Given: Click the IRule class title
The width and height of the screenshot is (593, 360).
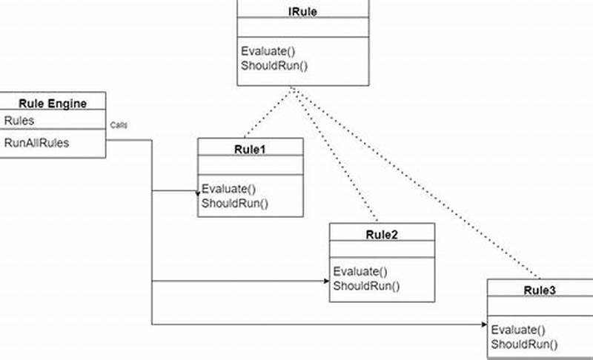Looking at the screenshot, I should (x=302, y=12).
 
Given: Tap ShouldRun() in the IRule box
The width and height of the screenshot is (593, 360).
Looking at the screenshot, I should (x=274, y=65).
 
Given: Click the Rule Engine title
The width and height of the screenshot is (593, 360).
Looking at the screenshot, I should (x=53, y=104).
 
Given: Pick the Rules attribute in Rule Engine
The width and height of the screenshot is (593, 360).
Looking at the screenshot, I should (x=19, y=120).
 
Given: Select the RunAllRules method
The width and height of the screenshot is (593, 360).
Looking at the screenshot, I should (x=36, y=142).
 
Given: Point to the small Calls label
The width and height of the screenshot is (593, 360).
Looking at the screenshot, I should (x=119, y=125).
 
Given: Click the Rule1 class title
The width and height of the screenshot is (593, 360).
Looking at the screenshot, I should (x=250, y=149).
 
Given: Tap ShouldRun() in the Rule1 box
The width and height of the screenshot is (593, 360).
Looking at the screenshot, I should (x=234, y=203).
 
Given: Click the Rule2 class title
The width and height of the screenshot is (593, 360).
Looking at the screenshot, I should (x=382, y=235).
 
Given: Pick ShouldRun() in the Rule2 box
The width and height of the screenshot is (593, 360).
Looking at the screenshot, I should (x=365, y=286).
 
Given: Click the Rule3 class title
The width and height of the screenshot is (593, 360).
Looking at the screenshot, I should (x=539, y=291).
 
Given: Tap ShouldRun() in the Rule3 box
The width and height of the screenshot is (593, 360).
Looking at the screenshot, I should (x=523, y=344).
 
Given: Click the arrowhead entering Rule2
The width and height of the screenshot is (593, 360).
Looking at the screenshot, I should (x=326, y=281).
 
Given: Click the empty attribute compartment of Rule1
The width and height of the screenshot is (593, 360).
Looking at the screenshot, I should (x=250, y=165).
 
